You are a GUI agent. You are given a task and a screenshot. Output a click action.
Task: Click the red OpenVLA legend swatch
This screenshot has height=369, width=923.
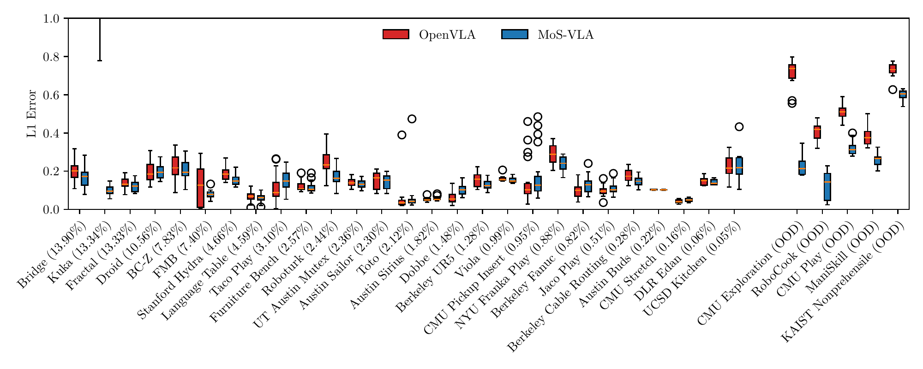click(x=396, y=35)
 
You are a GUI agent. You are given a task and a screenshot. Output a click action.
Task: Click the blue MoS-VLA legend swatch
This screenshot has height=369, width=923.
click(x=515, y=35)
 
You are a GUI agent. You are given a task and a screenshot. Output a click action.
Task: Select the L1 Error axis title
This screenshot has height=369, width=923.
click(x=31, y=113)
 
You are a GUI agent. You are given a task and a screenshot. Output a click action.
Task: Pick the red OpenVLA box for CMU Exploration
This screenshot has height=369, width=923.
click(x=792, y=71)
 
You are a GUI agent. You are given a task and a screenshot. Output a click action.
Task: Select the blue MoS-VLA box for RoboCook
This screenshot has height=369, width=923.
click(x=827, y=187)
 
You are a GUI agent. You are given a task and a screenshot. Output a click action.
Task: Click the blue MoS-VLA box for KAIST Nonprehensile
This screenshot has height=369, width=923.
click(x=903, y=94)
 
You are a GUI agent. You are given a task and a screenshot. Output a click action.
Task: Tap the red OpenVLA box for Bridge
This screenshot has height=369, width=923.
click(x=74, y=171)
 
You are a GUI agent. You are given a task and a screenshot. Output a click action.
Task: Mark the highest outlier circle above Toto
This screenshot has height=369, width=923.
click(x=412, y=119)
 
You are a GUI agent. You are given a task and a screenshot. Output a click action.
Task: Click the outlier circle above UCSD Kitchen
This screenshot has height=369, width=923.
click(x=739, y=127)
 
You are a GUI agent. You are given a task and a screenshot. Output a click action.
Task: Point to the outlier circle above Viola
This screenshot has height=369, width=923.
click(x=503, y=170)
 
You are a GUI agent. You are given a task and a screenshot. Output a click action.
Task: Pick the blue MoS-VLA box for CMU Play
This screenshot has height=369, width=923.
click(x=852, y=149)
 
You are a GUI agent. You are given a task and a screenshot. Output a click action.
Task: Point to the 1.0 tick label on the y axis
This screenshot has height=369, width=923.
click(x=52, y=19)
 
